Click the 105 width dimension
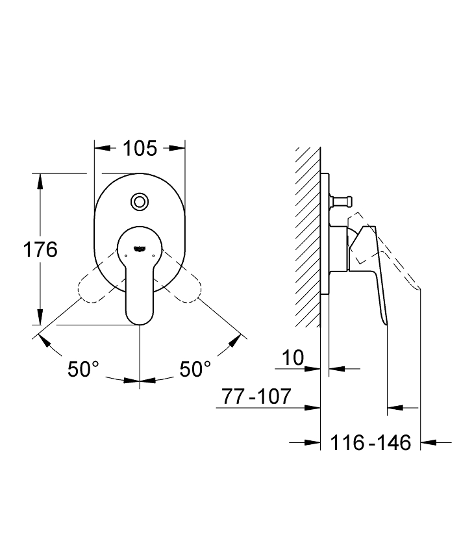point(140,148)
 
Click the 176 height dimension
point(40,249)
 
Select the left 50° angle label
point(83,369)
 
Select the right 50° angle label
point(195,369)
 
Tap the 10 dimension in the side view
point(293,358)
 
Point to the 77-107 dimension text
point(256,396)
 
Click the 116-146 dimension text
point(371,442)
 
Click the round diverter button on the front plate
point(140,202)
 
